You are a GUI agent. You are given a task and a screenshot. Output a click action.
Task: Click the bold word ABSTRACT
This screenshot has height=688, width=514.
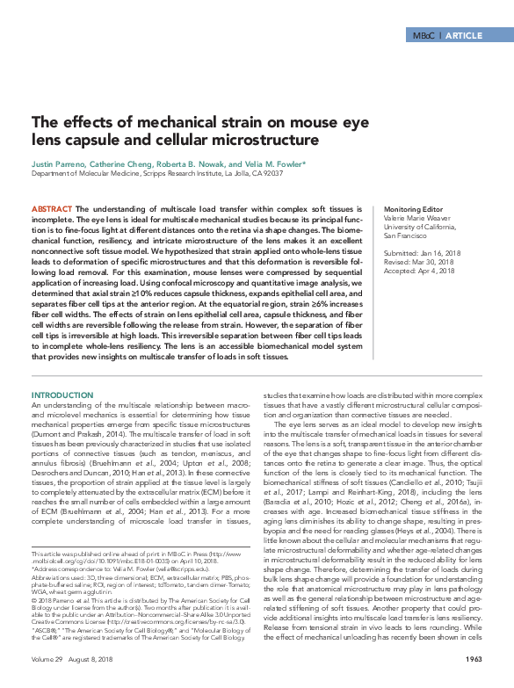click(x=50, y=209)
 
